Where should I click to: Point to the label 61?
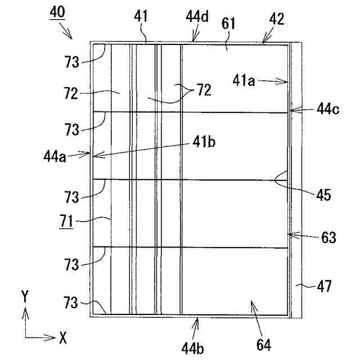[x=229, y=24]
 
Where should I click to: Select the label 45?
[x=323, y=196]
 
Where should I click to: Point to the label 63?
[x=328, y=237]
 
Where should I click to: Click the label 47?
[x=323, y=288]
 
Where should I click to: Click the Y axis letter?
[x=24, y=295]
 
